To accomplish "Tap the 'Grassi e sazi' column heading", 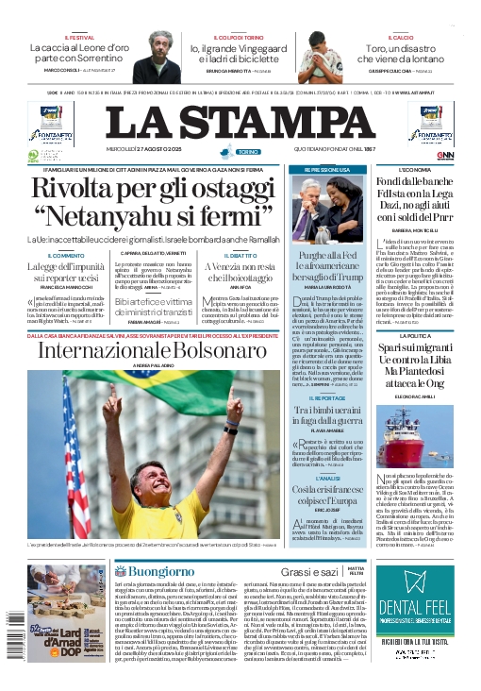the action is (308, 572).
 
